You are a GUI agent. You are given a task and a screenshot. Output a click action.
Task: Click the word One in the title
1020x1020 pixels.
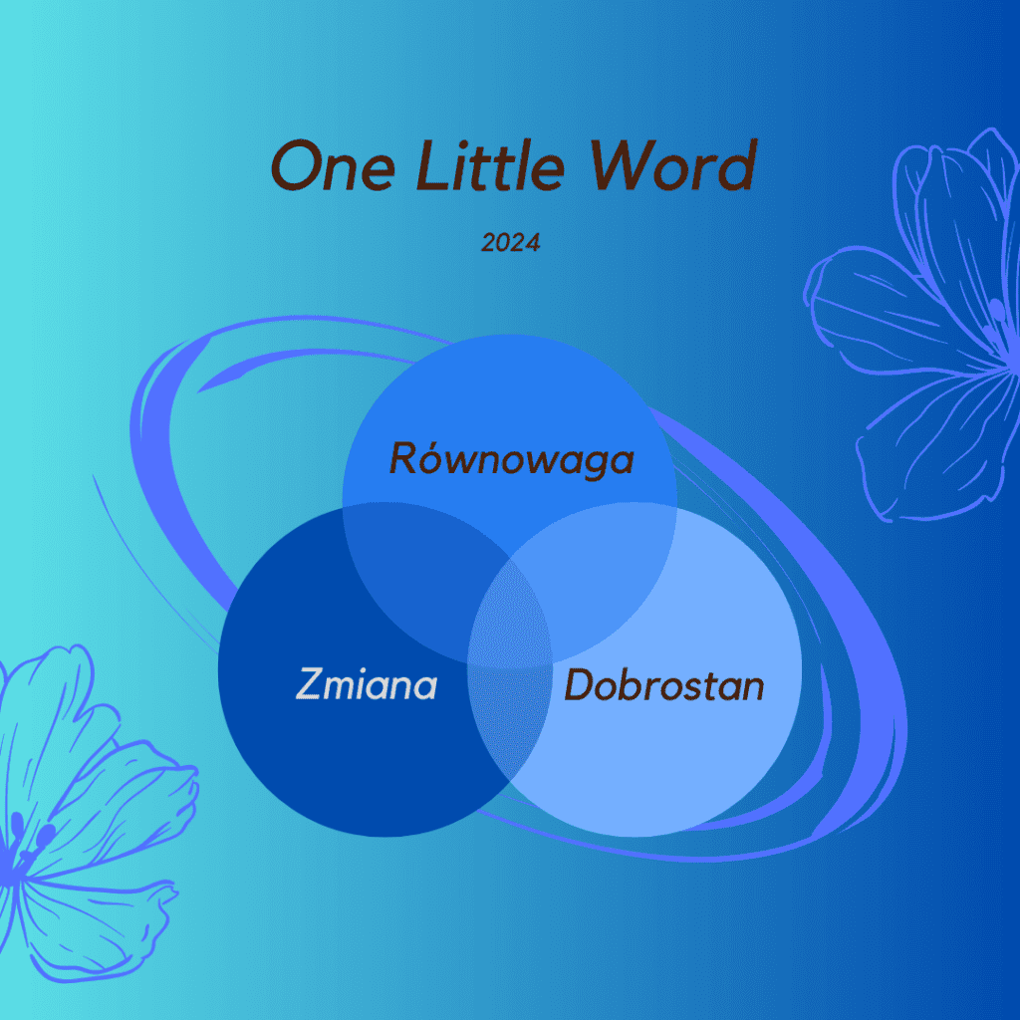coord(333,166)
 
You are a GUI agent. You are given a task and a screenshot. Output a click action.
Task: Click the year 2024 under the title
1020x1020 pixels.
coord(511,243)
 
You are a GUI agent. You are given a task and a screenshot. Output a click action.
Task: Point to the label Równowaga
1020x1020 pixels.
coord(511,458)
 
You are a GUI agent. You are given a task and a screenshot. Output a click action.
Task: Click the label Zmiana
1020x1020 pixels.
coord(367,684)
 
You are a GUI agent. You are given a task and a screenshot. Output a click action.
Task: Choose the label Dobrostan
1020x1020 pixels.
coord(663,685)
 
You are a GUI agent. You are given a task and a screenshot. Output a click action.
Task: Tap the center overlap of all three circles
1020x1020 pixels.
coord(510,618)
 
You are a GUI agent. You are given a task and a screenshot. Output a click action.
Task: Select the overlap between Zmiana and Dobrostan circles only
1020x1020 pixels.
coord(510,722)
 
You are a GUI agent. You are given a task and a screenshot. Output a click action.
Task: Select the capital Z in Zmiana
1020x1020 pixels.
coord(311,684)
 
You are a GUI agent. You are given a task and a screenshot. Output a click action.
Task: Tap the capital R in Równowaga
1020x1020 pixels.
coord(403,458)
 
